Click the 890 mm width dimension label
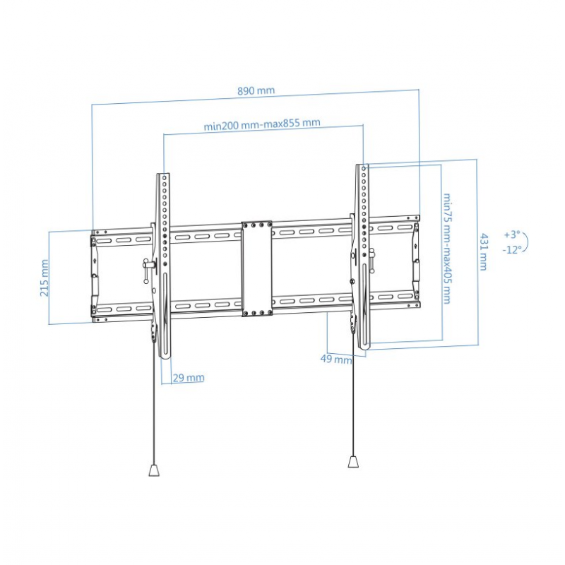tap(256, 90)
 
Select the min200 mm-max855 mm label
tap(262, 124)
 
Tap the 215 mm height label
tap(44, 278)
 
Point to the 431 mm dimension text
tap(484, 252)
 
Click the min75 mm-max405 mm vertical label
tap(447, 249)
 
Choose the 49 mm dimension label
tap(336, 359)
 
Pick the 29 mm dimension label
tap(189, 378)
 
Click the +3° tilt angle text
tap(512, 234)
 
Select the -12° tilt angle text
tap(512, 249)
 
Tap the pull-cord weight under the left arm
tap(154, 470)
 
